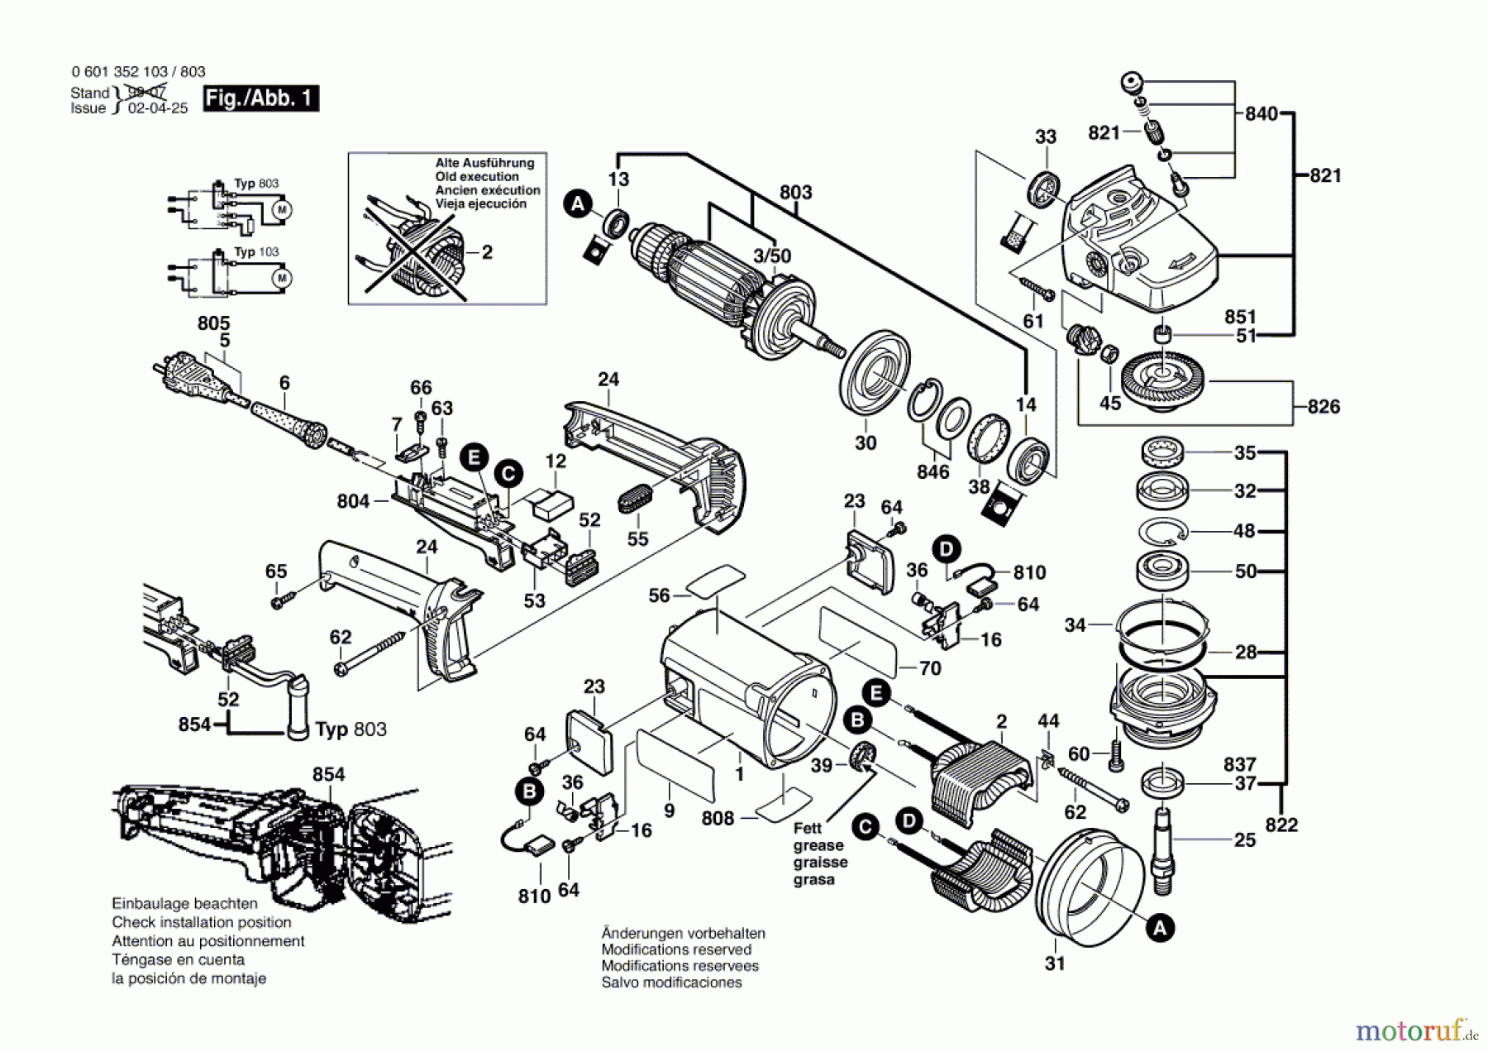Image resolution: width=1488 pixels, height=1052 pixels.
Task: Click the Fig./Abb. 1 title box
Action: [x=260, y=98]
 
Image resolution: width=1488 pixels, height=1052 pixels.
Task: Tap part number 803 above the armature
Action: [x=795, y=192]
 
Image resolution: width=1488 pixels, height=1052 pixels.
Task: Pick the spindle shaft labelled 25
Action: [x=1163, y=849]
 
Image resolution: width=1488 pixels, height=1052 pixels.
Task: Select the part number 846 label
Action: [x=932, y=471]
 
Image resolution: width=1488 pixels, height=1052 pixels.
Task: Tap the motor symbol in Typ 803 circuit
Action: [x=282, y=210]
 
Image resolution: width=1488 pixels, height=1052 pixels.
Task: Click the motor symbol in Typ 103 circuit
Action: [x=282, y=278]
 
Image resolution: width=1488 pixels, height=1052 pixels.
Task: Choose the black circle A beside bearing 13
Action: [x=578, y=203]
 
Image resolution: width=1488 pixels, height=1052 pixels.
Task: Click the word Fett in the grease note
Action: [x=808, y=828]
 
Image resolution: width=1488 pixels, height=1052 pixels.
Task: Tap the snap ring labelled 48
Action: [x=1162, y=531]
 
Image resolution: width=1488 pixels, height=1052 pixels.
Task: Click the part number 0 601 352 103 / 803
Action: [x=138, y=72]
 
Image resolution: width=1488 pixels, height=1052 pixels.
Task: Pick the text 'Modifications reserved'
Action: [x=676, y=949]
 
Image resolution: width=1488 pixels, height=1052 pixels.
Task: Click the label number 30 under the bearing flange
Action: [x=865, y=443]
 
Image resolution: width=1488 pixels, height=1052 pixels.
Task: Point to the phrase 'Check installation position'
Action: [x=202, y=922]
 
